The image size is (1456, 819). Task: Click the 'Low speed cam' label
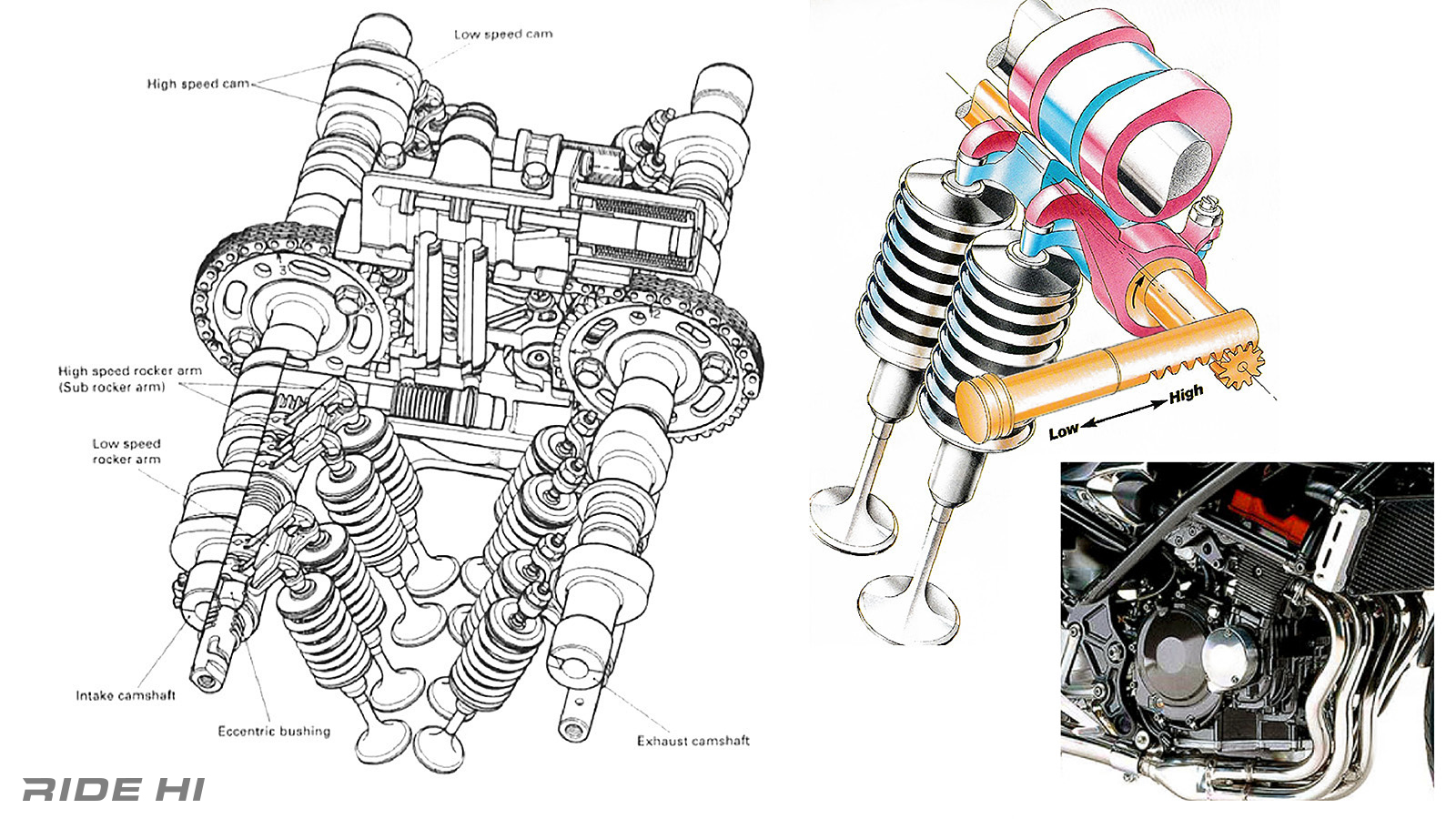[502, 35]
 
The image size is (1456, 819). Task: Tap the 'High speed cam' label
[197, 84]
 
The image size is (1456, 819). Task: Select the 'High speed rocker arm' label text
[130, 371]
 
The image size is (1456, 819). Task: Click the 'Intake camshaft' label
[126, 695]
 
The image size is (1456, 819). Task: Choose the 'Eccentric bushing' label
[274, 731]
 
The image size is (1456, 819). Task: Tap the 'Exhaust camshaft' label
[693, 741]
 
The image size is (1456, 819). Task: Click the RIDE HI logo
[114, 788]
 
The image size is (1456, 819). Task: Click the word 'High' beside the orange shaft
[1186, 394]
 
